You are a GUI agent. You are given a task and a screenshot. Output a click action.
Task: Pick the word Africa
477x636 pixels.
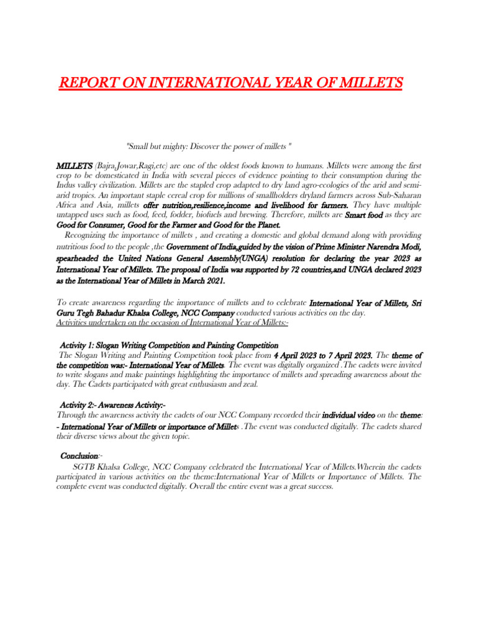67,205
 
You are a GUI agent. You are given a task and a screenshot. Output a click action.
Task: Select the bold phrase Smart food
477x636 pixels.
364,214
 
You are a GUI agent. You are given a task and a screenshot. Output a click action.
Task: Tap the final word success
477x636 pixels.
317,487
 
